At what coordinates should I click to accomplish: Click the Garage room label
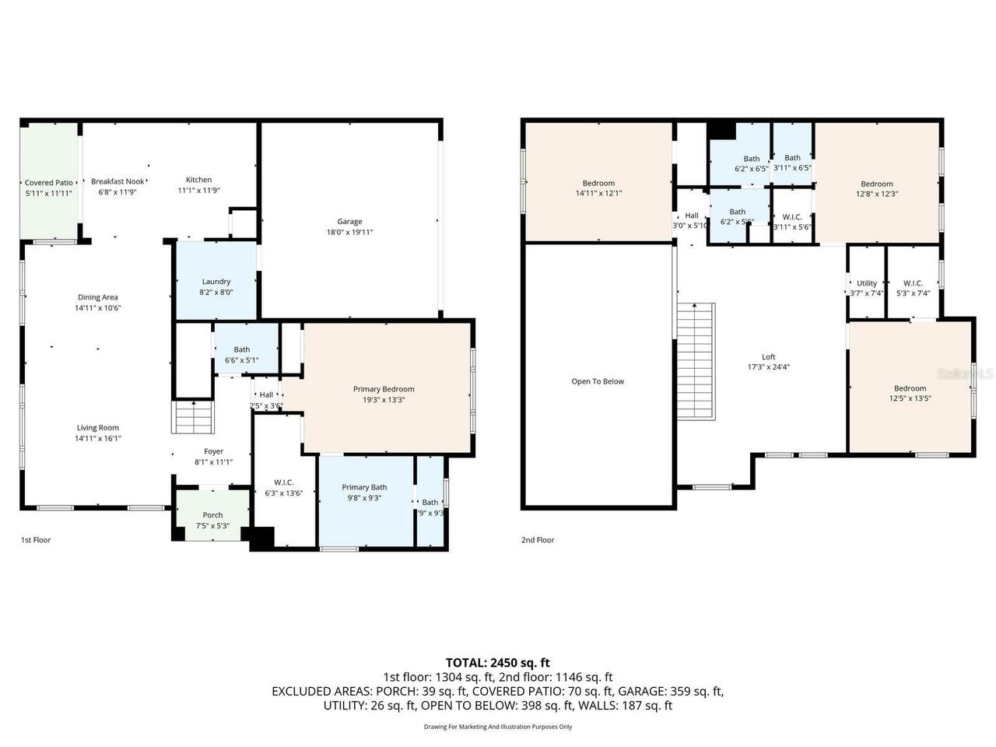click(x=349, y=222)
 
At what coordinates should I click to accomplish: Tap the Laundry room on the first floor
click(x=216, y=282)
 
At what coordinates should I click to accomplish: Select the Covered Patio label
click(x=48, y=183)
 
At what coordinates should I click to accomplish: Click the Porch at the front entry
click(x=212, y=514)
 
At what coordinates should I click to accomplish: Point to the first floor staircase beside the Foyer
click(x=192, y=418)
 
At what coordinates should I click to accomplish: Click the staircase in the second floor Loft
click(x=696, y=360)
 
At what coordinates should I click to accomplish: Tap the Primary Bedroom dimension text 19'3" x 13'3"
click(x=383, y=399)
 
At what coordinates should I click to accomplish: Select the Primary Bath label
click(x=364, y=487)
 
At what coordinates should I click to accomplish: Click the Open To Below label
click(x=598, y=381)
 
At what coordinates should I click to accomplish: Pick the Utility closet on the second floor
click(x=866, y=283)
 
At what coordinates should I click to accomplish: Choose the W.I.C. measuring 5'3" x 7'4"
click(x=913, y=283)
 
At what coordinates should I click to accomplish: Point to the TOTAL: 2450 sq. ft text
click(x=497, y=663)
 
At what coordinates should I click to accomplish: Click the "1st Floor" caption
click(x=36, y=540)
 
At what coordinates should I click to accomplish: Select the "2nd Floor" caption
click(x=538, y=540)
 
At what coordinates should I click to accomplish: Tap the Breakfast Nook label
click(x=117, y=181)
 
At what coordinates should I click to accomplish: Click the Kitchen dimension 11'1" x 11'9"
click(x=198, y=190)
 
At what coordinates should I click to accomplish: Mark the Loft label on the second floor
click(x=768, y=357)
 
